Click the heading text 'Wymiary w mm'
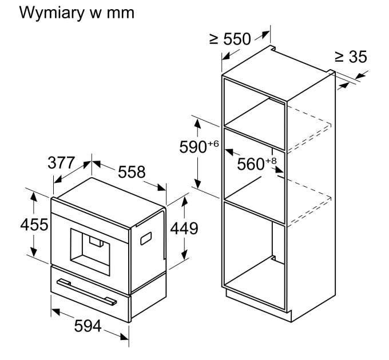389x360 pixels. point(77,13)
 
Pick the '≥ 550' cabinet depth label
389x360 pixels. point(230,39)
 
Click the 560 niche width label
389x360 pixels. point(250,165)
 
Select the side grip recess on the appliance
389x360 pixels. point(147,237)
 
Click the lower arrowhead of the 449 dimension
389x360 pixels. point(184,255)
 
